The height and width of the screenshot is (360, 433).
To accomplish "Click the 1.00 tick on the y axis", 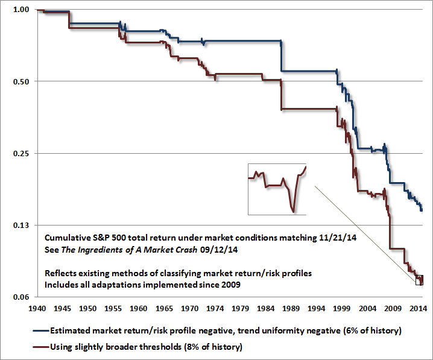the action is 21,10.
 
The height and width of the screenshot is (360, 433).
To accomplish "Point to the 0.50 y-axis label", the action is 21,81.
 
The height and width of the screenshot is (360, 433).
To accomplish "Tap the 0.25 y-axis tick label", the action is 21,153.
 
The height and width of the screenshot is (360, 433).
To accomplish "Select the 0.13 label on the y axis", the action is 21,226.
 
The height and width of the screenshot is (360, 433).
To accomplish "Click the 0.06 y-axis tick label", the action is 21,297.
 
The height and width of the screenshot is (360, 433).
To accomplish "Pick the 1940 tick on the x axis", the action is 37,308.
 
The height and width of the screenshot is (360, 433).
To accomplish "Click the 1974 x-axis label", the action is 215,308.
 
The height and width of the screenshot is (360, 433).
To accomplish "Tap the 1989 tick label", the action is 291,308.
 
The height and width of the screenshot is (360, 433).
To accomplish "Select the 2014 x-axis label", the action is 418,308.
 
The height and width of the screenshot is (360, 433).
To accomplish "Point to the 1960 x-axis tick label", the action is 139,308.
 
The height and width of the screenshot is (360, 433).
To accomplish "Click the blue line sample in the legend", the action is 41,330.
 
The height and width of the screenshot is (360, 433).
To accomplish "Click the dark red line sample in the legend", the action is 41,347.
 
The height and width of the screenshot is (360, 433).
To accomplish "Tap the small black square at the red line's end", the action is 419,280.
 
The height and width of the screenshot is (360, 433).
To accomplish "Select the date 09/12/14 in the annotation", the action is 219,250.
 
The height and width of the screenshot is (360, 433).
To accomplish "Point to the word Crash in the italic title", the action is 186,250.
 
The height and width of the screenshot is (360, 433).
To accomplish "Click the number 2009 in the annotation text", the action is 230,285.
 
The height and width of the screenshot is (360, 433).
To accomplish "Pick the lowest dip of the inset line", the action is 293,212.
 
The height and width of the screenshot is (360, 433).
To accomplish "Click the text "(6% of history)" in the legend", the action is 372,330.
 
